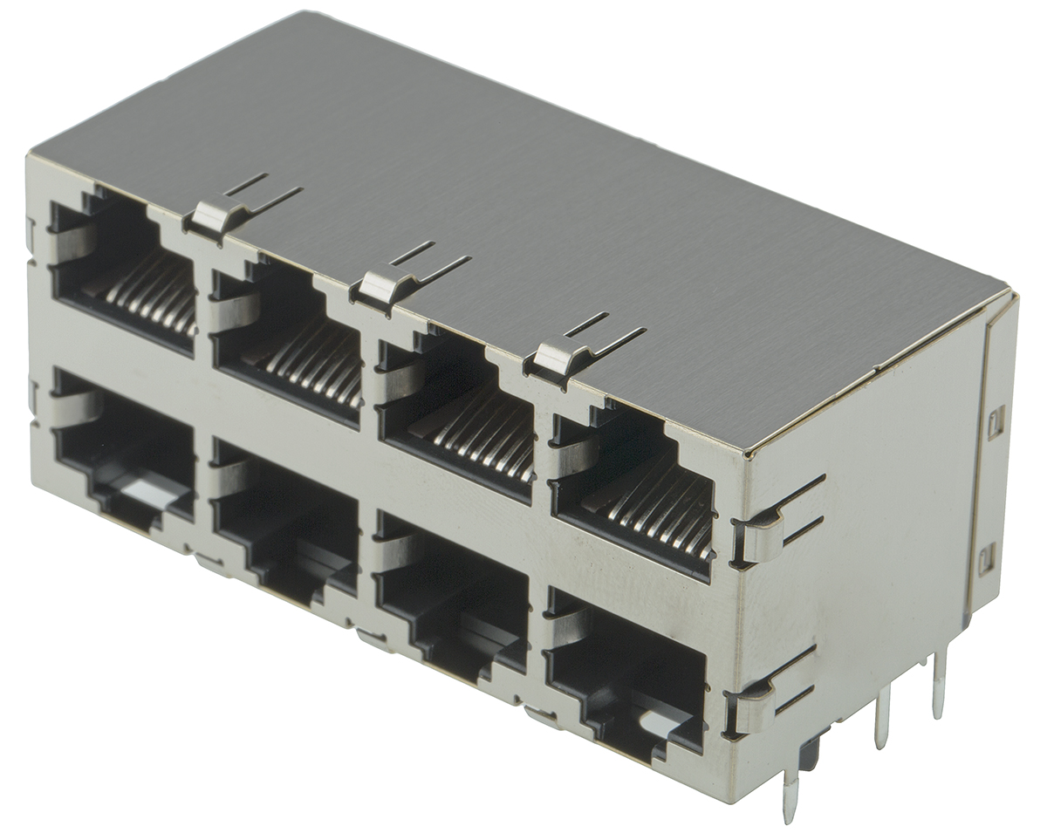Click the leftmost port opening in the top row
click(x=122, y=270)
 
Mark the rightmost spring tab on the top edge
click(x=558, y=358)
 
